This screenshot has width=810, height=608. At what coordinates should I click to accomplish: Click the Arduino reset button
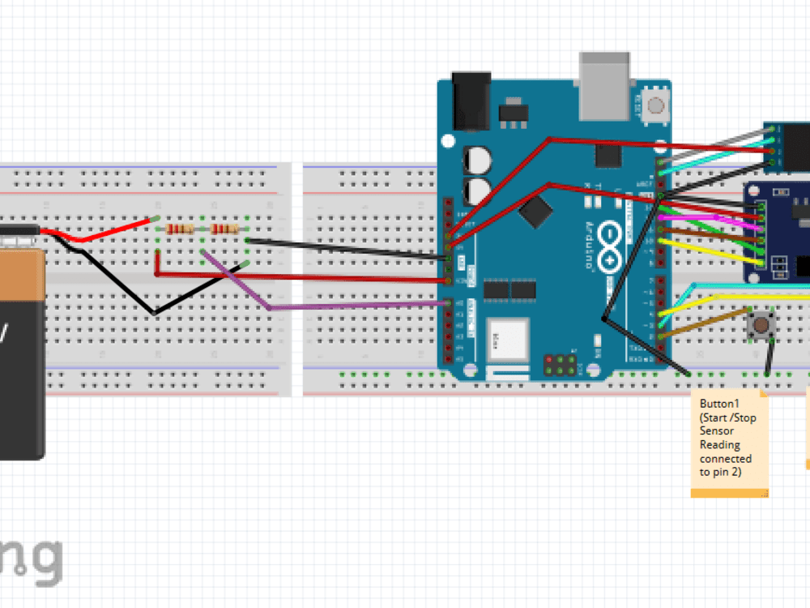click(655, 105)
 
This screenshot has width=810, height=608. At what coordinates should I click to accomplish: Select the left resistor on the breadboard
click(180, 229)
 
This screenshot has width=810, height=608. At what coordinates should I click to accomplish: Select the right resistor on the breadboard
click(224, 229)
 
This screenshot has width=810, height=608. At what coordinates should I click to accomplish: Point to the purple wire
click(348, 306)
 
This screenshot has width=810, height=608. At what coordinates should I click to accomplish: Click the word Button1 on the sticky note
click(720, 403)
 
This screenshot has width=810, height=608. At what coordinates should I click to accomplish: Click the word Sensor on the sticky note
click(717, 431)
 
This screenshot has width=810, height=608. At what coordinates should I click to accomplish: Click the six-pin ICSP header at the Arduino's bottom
click(560, 365)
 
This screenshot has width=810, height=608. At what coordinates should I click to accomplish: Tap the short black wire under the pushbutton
click(770, 357)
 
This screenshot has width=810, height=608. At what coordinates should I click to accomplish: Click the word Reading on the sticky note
click(720, 445)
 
